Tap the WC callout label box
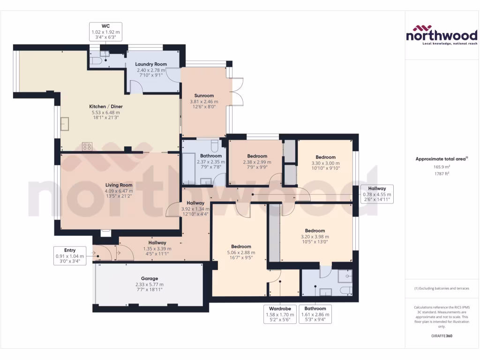pyautogui.click(x=105, y=31)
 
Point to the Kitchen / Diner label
pyautogui.click(x=106, y=112)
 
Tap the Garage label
pyautogui.click(x=150, y=284)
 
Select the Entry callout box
pyautogui.click(x=69, y=256)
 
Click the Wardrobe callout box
pyautogui.click(x=279, y=315)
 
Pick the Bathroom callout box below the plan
pyautogui.click(x=315, y=315)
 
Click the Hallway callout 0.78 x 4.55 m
pyautogui.click(x=377, y=194)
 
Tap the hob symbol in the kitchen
pyautogui.click(x=87, y=146)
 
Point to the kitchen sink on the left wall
pyautogui.click(x=64, y=123)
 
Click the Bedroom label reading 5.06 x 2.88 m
pyautogui.click(x=241, y=253)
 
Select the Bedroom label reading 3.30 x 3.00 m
pyautogui.click(x=325, y=163)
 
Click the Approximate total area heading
pyautogui.click(x=441, y=159)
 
